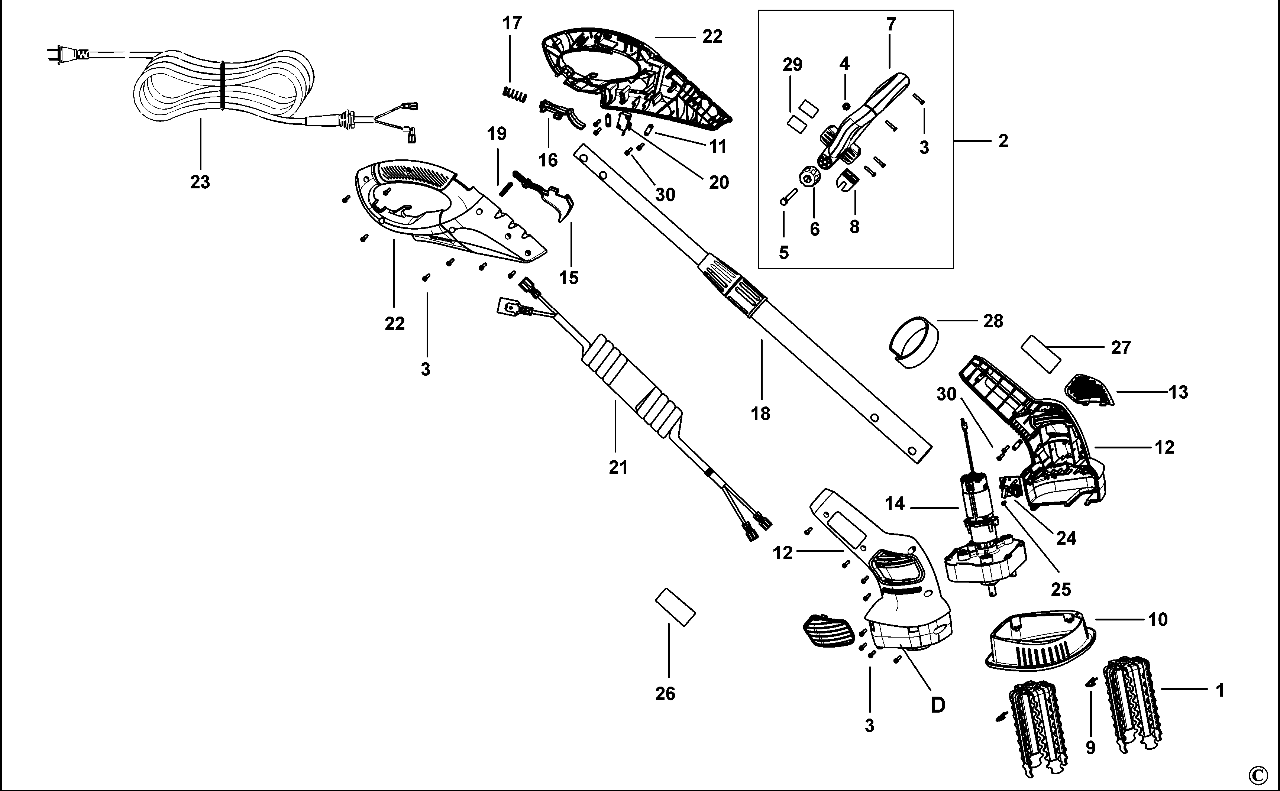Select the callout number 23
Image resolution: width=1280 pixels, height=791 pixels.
point(200,182)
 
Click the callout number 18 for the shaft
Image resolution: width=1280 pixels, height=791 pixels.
point(761,414)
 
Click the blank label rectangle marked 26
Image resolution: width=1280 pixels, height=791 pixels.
point(675,607)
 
